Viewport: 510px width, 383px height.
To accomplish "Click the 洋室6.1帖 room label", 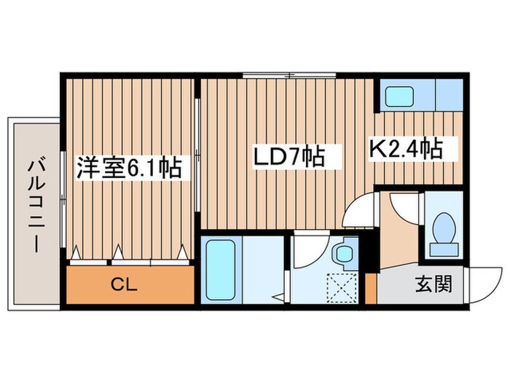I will pyautogui.click(x=129, y=169).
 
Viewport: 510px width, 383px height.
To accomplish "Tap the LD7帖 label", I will pyautogui.click(x=287, y=156).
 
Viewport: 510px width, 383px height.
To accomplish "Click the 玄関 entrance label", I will pyautogui.click(x=433, y=282).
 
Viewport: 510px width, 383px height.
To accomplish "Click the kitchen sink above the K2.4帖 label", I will pyautogui.click(x=400, y=96).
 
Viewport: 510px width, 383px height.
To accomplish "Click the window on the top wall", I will pyautogui.click(x=289, y=74).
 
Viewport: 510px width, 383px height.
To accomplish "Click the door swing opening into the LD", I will pyautogui.click(x=360, y=212).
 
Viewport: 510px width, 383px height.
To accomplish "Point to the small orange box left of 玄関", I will pyautogui.click(x=371, y=288).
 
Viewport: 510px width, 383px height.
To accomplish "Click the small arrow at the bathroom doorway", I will pyautogui.click(x=278, y=297).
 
